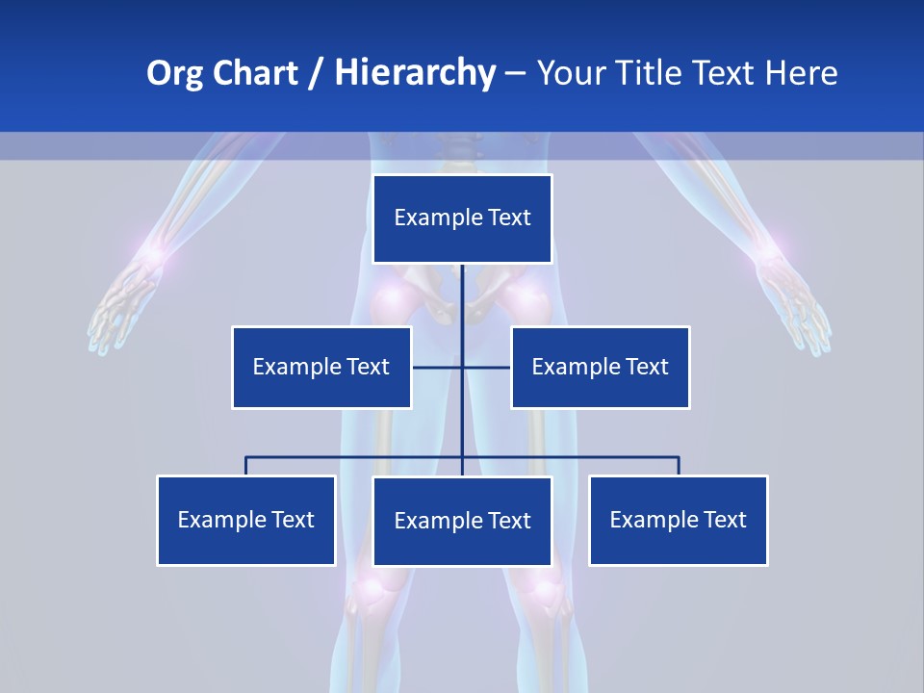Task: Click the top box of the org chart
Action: tap(462, 218)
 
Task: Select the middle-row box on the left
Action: tap(321, 367)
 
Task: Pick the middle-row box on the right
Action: tap(600, 367)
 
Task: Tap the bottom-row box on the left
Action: tap(246, 520)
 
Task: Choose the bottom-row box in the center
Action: tap(462, 521)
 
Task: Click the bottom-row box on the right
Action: tap(678, 520)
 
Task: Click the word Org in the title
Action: tap(172, 73)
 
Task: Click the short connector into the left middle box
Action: tap(437, 367)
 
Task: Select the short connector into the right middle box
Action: tap(487, 367)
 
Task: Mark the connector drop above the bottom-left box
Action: tap(246, 466)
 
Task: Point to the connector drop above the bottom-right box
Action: tap(679, 466)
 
